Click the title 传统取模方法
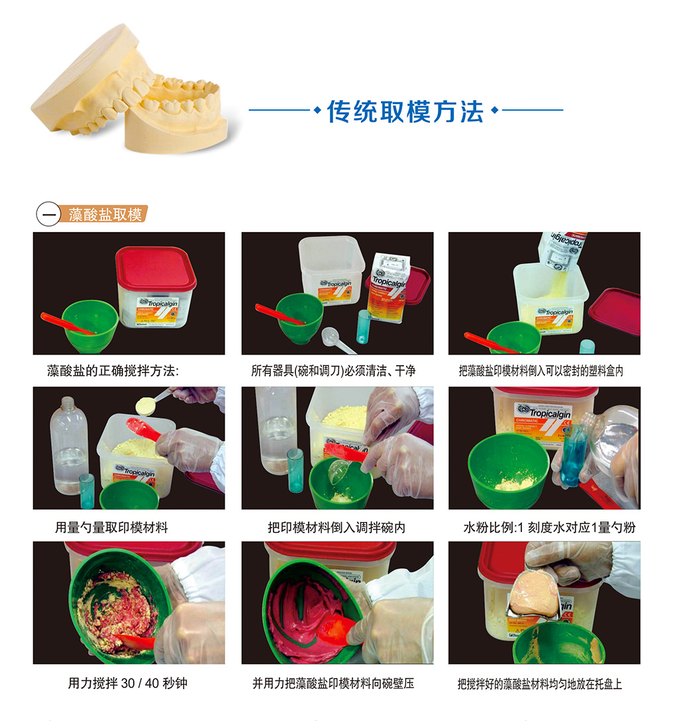click(x=405, y=112)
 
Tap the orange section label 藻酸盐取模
click(x=105, y=215)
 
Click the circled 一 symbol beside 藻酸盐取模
click(x=48, y=214)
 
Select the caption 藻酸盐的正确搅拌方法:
click(x=113, y=370)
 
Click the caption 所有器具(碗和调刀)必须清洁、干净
click(x=333, y=370)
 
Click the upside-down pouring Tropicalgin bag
click(x=562, y=250)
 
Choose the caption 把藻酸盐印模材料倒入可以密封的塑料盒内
click(x=541, y=370)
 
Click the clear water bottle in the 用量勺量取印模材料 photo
click(x=68, y=445)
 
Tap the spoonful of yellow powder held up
click(x=146, y=406)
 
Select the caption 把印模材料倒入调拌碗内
click(x=337, y=527)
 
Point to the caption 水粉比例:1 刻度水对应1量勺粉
click(x=549, y=527)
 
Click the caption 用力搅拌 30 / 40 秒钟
click(x=128, y=683)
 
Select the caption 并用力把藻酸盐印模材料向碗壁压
click(x=333, y=683)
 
